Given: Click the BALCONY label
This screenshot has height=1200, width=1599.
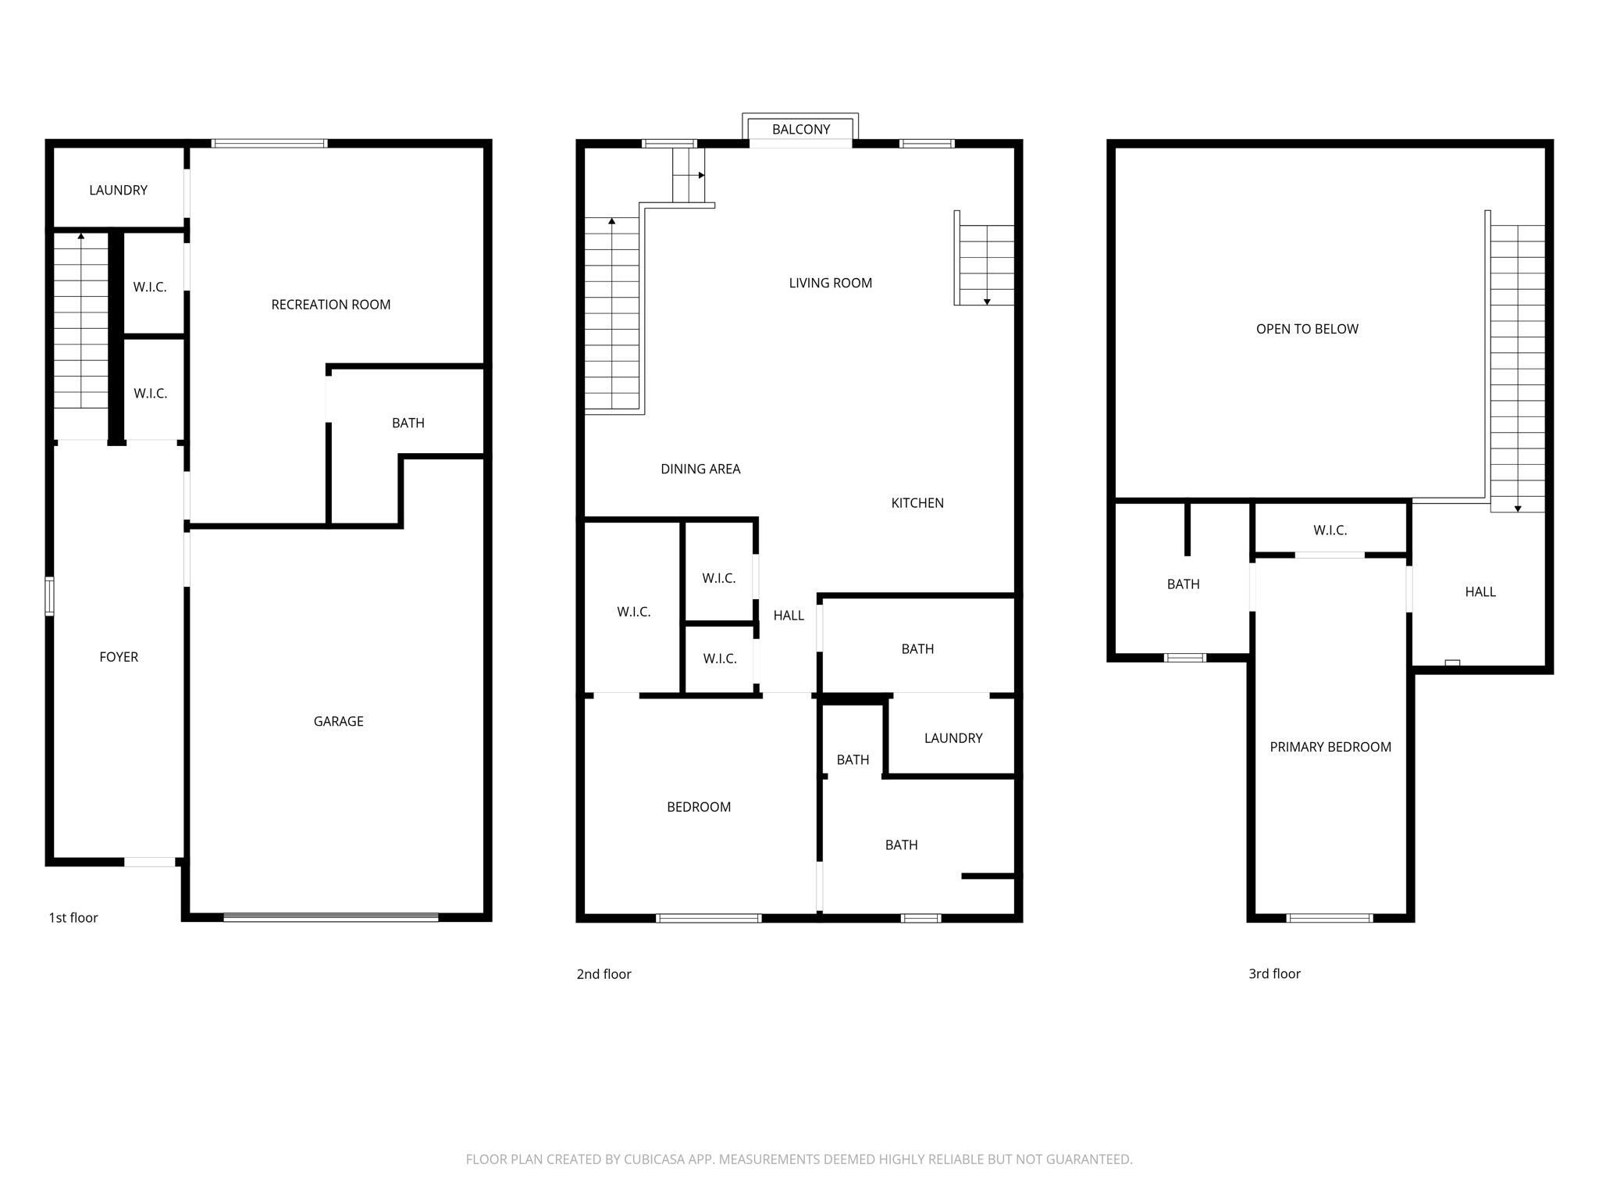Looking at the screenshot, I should click(x=800, y=130).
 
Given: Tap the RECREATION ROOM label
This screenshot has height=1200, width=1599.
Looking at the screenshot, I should click(x=330, y=305).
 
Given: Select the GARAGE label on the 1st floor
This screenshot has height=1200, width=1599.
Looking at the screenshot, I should click(x=338, y=721).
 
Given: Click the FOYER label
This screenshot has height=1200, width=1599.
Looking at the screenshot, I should click(x=119, y=657).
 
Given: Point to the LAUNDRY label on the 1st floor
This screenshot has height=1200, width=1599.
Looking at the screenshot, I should click(x=118, y=190).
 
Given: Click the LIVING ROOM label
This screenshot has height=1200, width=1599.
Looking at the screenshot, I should click(x=830, y=283).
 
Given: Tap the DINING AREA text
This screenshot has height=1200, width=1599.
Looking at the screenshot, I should click(x=700, y=469).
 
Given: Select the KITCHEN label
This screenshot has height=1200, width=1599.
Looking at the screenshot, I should click(x=917, y=503).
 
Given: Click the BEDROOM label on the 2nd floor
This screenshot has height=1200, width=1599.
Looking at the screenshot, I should click(x=699, y=807).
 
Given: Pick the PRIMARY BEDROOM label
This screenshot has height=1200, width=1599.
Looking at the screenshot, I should click(x=1330, y=747).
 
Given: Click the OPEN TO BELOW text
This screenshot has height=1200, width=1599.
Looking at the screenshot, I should click(x=1307, y=329).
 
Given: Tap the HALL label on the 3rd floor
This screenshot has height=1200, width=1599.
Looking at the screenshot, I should click(x=1480, y=592).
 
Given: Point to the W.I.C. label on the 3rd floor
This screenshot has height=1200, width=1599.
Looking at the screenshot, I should click(x=1330, y=530).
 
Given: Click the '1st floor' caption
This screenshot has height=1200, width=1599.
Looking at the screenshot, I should click(x=73, y=918).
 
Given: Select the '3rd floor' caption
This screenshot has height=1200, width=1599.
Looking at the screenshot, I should click(x=1274, y=973).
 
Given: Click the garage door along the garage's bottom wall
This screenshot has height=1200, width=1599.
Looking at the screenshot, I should click(x=331, y=917).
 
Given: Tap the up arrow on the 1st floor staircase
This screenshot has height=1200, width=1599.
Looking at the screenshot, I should click(x=81, y=235).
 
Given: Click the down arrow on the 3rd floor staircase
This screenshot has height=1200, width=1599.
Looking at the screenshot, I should click(x=1518, y=509).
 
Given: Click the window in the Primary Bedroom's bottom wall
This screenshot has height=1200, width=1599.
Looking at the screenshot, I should click(x=1330, y=918).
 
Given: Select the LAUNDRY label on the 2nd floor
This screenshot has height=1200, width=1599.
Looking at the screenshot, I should click(x=953, y=738).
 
